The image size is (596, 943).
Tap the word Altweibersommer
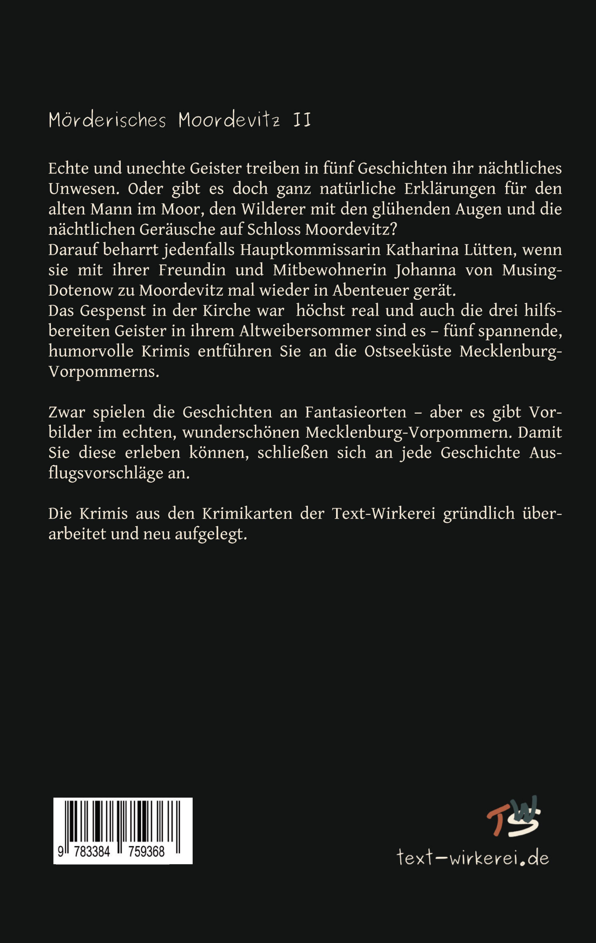point(305,331)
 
